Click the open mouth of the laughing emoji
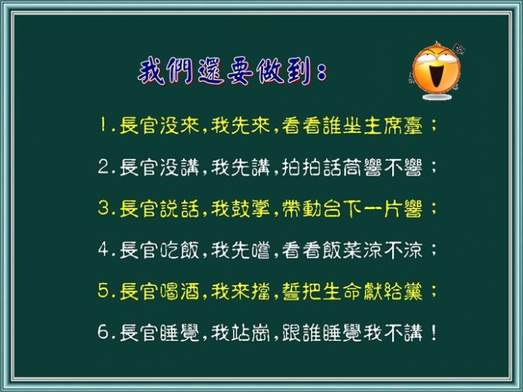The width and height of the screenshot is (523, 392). tap(436, 76)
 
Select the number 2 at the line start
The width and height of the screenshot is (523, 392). tap(103, 167)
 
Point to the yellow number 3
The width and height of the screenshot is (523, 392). tap(103, 208)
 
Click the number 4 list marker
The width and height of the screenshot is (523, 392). tap(103, 249)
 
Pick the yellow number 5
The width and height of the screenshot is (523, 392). tap(103, 290)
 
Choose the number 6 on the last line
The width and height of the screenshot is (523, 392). tap(103, 332)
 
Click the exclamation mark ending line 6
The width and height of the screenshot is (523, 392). tap(433, 332)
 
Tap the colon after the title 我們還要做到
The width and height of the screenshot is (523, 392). tap(322, 72)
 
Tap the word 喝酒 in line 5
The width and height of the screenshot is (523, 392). tap(179, 291)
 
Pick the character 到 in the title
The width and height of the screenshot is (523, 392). tap(300, 72)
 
